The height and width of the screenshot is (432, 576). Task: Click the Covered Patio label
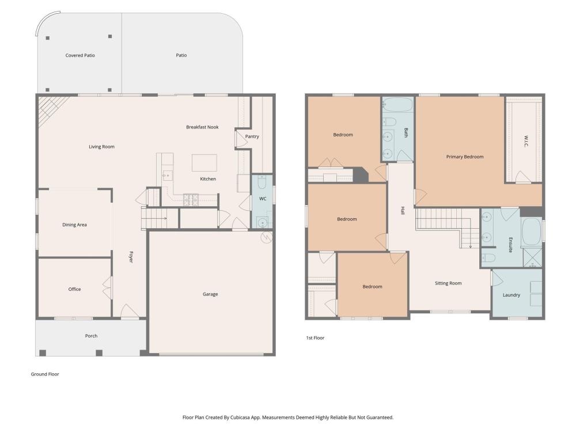coord(80,55)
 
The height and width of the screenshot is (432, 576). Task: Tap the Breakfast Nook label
coord(202,127)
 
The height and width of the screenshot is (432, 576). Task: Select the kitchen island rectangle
coord(204,163)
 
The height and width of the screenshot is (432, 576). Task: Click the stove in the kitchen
coord(191,199)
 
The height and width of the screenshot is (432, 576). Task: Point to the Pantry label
coord(252,137)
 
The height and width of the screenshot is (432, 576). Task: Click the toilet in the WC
coord(262,181)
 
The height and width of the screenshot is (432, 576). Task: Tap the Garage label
coord(210,294)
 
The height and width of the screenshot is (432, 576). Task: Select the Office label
coord(74,289)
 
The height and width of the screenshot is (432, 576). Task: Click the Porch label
coord(91,336)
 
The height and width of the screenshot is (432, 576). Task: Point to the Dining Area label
coord(74,225)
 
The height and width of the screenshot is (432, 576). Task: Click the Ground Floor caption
coord(45,374)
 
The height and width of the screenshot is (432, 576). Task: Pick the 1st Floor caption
coord(315,338)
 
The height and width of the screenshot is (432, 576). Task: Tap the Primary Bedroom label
coord(465,157)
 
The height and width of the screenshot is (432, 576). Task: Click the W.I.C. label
coord(526,142)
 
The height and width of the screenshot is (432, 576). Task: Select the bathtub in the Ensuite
coord(531,232)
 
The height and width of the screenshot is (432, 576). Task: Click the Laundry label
coord(511,295)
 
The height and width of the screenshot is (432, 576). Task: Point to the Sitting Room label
coord(448,283)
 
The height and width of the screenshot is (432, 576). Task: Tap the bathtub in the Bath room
coord(398,105)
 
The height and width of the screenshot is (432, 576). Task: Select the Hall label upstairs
coord(403,211)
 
